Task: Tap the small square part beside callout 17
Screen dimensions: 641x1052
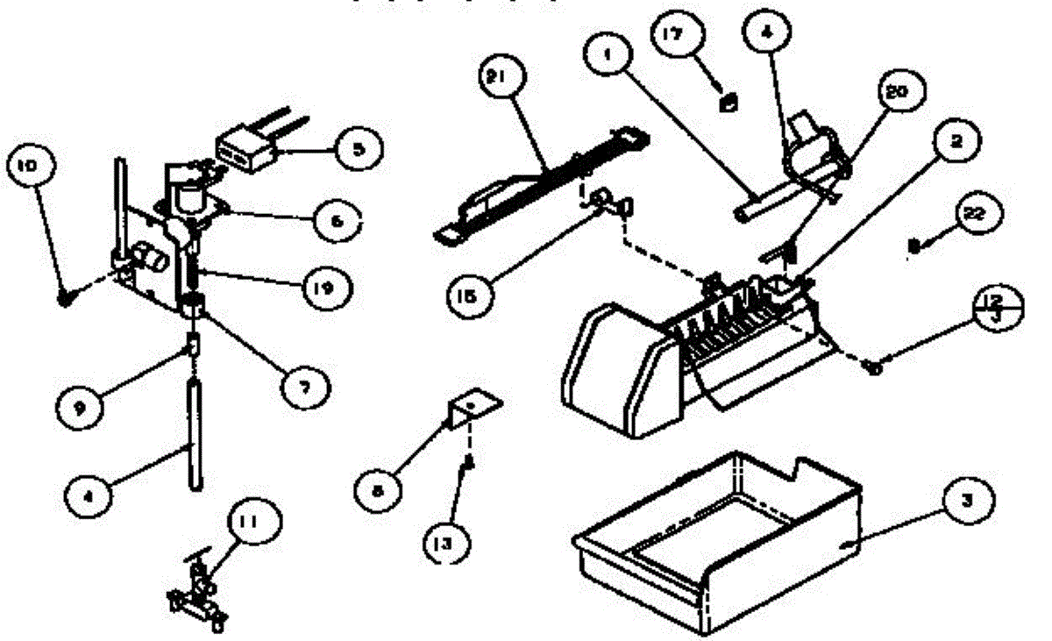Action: pos(727,102)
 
